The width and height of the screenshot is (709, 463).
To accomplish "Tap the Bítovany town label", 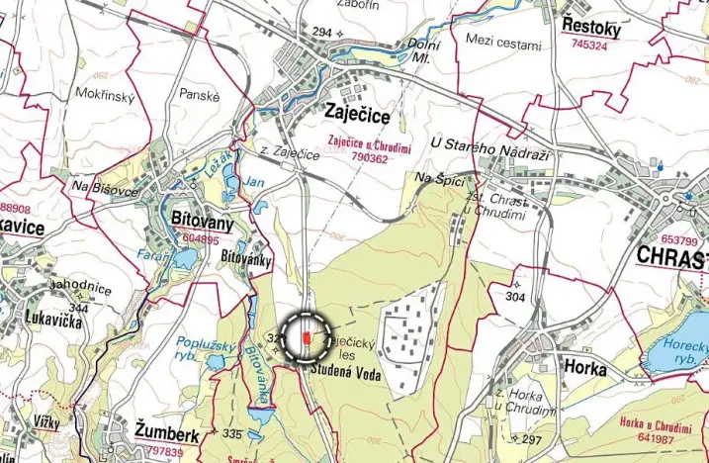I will click(x=201, y=225).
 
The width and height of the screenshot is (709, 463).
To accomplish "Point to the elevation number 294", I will click(x=321, y=33).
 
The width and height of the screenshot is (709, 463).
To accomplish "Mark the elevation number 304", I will click(x=515, y=297).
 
